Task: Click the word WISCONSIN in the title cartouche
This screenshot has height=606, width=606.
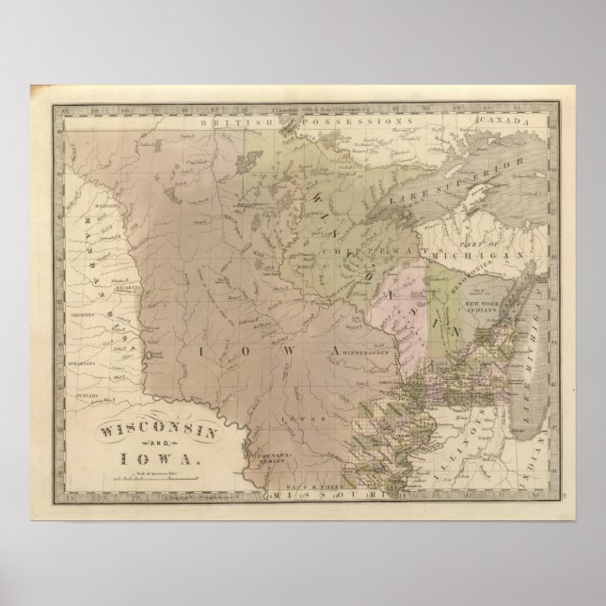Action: click(x=147, y=405)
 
